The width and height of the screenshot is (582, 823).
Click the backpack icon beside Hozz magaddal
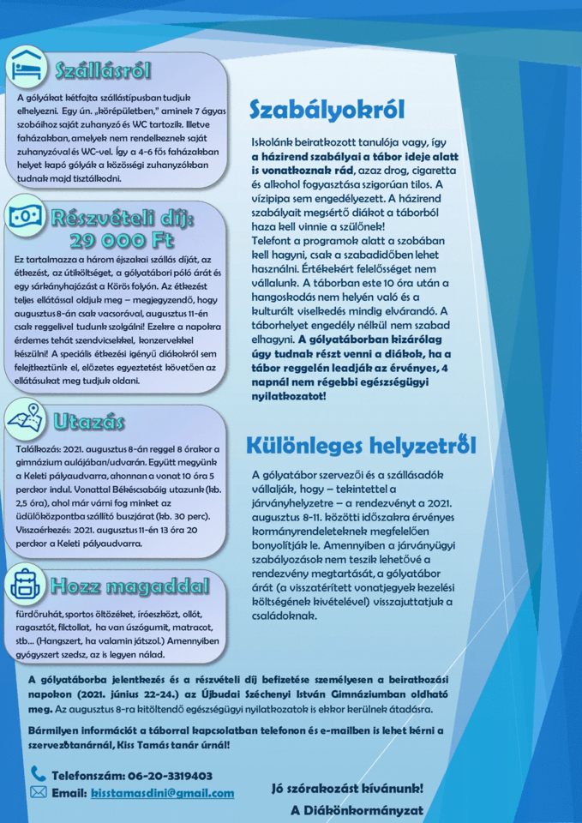point(26,584)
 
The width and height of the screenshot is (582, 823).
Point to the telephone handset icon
point(39,774)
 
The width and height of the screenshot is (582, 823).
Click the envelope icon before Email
point(39,793)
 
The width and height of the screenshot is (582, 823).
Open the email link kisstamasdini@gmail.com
point(162,794)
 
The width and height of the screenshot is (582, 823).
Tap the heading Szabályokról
point(327,110)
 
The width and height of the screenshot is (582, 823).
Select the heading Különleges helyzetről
point(361,446)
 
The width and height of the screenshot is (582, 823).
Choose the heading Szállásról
point(102,69)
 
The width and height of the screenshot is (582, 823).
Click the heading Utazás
point(88,422)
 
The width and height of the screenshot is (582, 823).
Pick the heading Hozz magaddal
point(129,586)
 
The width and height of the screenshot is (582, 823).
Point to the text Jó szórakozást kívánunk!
point(347,788)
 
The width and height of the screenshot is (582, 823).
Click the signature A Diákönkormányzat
point(357,810)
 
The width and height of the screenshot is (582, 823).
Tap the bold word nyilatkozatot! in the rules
point(289,396)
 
